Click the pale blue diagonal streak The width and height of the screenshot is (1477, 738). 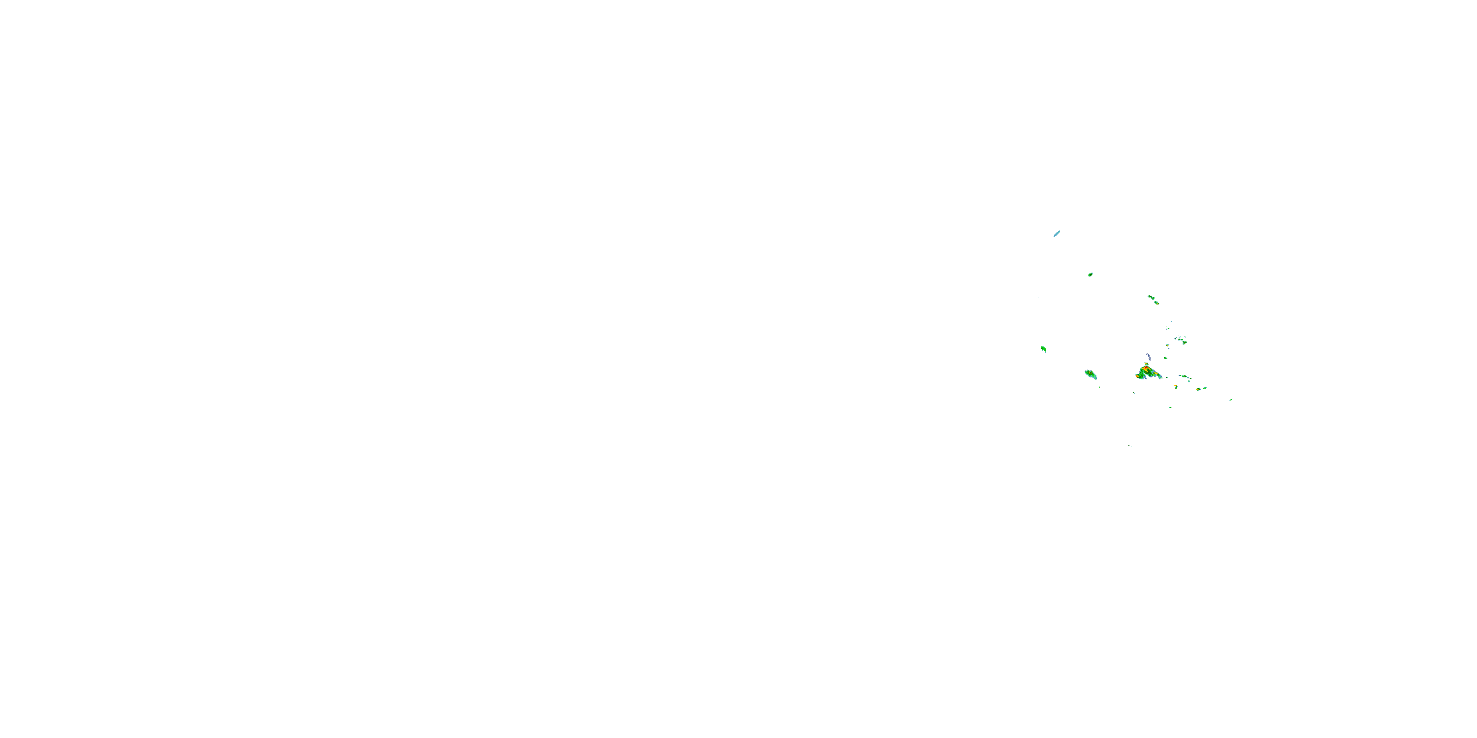pos(1057,233)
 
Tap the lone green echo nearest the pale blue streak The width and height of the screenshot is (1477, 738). pos(1090,275)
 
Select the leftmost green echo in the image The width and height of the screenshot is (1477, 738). pos(1044,349)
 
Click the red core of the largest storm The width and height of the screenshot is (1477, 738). pos(1147,368)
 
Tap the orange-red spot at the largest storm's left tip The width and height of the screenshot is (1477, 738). pos(1138,376)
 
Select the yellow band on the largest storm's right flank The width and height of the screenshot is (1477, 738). pos(1156,373)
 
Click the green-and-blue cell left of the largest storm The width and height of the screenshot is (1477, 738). pos(1091,375)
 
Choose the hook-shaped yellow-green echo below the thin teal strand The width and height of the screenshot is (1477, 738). pos(1176,387)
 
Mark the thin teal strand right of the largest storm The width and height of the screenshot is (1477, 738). pos(1185,376)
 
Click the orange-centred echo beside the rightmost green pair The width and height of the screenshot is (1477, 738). pos(1198,389)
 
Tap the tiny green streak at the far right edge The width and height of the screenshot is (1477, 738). pos(1231,400)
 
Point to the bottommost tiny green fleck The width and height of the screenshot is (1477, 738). pos(1130,446)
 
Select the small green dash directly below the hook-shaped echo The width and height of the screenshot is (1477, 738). pos(1171,407)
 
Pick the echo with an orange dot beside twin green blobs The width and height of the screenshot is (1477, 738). pos(1185,342)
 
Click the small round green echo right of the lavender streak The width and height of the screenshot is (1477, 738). pos(1166,358)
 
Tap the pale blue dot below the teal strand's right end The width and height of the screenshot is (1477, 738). pos(1189,381)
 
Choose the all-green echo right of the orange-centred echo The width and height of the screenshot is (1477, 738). pos(1205,388)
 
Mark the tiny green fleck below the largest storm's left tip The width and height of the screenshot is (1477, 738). pos(1134,393)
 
